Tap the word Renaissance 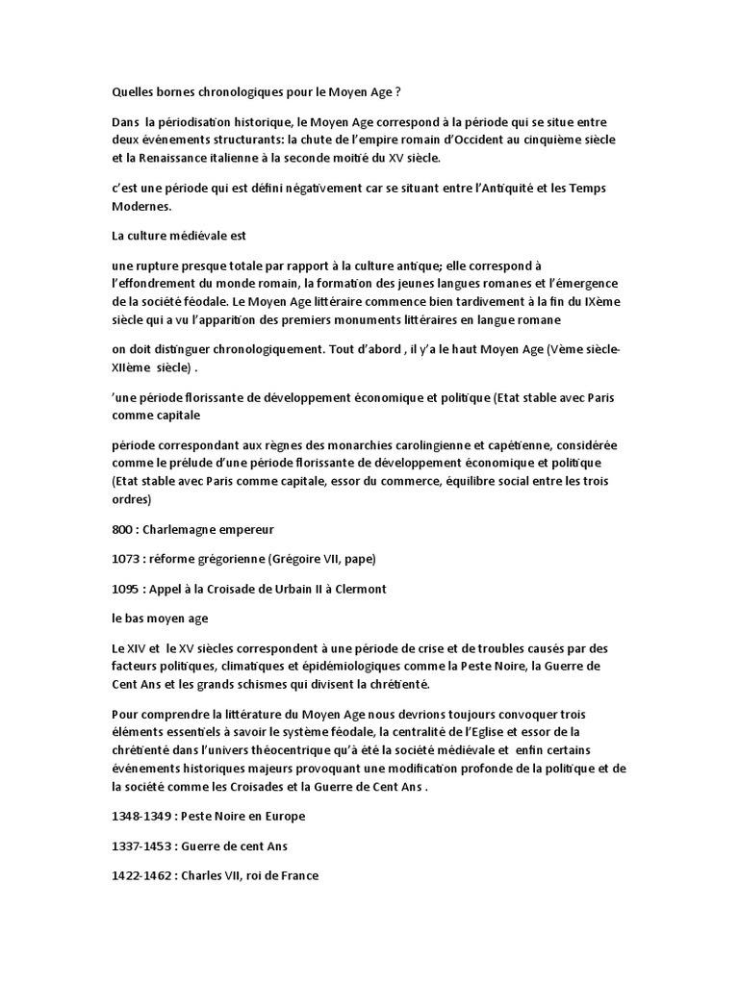[x=172, y=159]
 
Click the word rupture [x=164, y=265]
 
